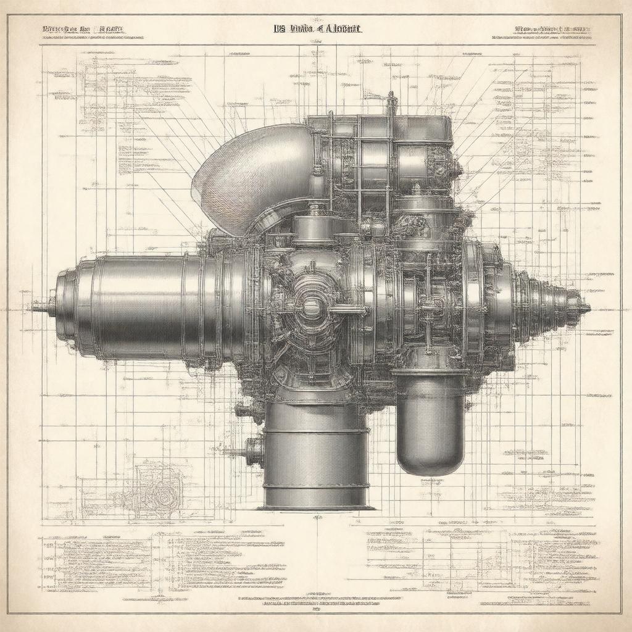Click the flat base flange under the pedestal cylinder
coord(316,507)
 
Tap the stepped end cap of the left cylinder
coord(68,307)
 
